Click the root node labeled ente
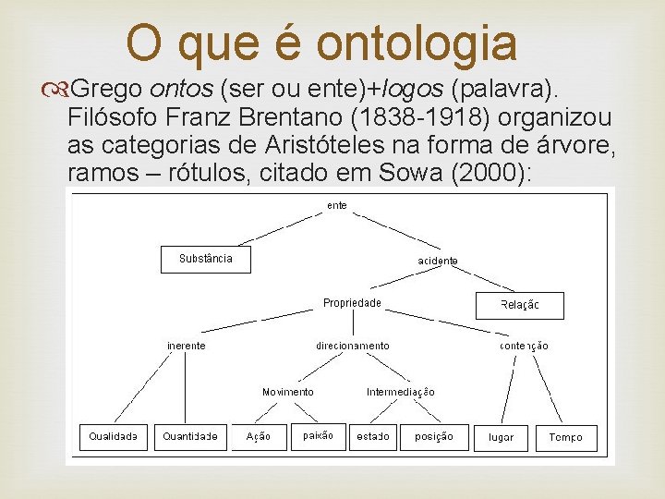point(337,205)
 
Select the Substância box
point(206,259)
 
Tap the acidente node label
point(438,262)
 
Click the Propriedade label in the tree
point(352,303)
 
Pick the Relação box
point(519,305)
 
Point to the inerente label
point(187,346)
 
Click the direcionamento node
point(353,346)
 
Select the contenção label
point(524,346)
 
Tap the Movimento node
point(287,392)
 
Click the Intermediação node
point(401,392)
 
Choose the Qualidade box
point(113,436)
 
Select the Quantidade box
point(190,436)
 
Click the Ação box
point(259,436)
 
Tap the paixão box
point(318,435)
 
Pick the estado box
point(373,436)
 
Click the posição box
point(434,436)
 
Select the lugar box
point(502,437)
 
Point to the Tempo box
point(566,437)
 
